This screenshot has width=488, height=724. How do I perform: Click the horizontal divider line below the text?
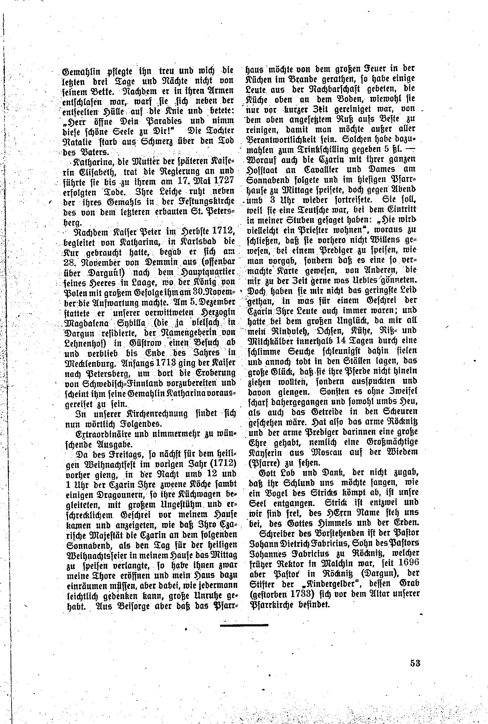click(x=244, y=625)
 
